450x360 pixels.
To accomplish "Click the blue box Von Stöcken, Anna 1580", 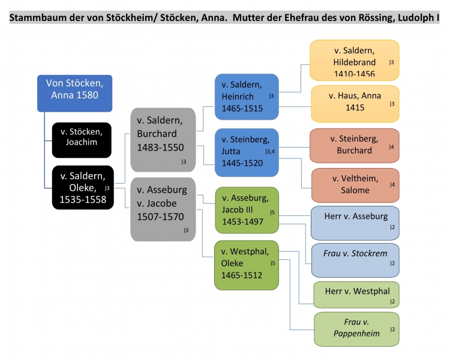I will [74, 93].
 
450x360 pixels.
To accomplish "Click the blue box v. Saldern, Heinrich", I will [247, 96].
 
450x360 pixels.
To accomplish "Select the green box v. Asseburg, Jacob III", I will [247, 209].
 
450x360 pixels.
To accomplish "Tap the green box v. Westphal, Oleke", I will [247, 265].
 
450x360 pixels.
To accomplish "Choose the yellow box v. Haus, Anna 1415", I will [355, 103].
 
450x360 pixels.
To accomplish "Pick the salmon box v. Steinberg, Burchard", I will [354, 145].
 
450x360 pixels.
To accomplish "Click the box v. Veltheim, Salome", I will [354, 185].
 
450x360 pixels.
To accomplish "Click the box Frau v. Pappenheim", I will [356, 328].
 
